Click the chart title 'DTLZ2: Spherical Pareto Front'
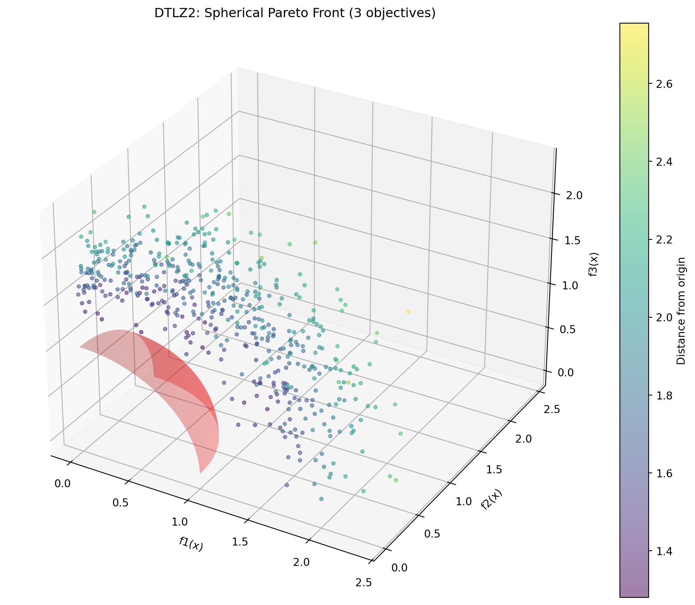pyautogui.click(x=295, y=13)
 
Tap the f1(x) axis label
pyautogui.click(x=191, y=544)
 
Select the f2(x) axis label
pyautogui.click(x=491, y=500)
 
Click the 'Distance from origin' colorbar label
pyautogui.click(x=681, y=311)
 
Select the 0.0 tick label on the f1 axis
pyautogui.click(x=62, y=484)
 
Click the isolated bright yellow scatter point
pyautogui.click(x=408, y=311)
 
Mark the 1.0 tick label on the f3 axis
pyautogui.click(x=570, y=285)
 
